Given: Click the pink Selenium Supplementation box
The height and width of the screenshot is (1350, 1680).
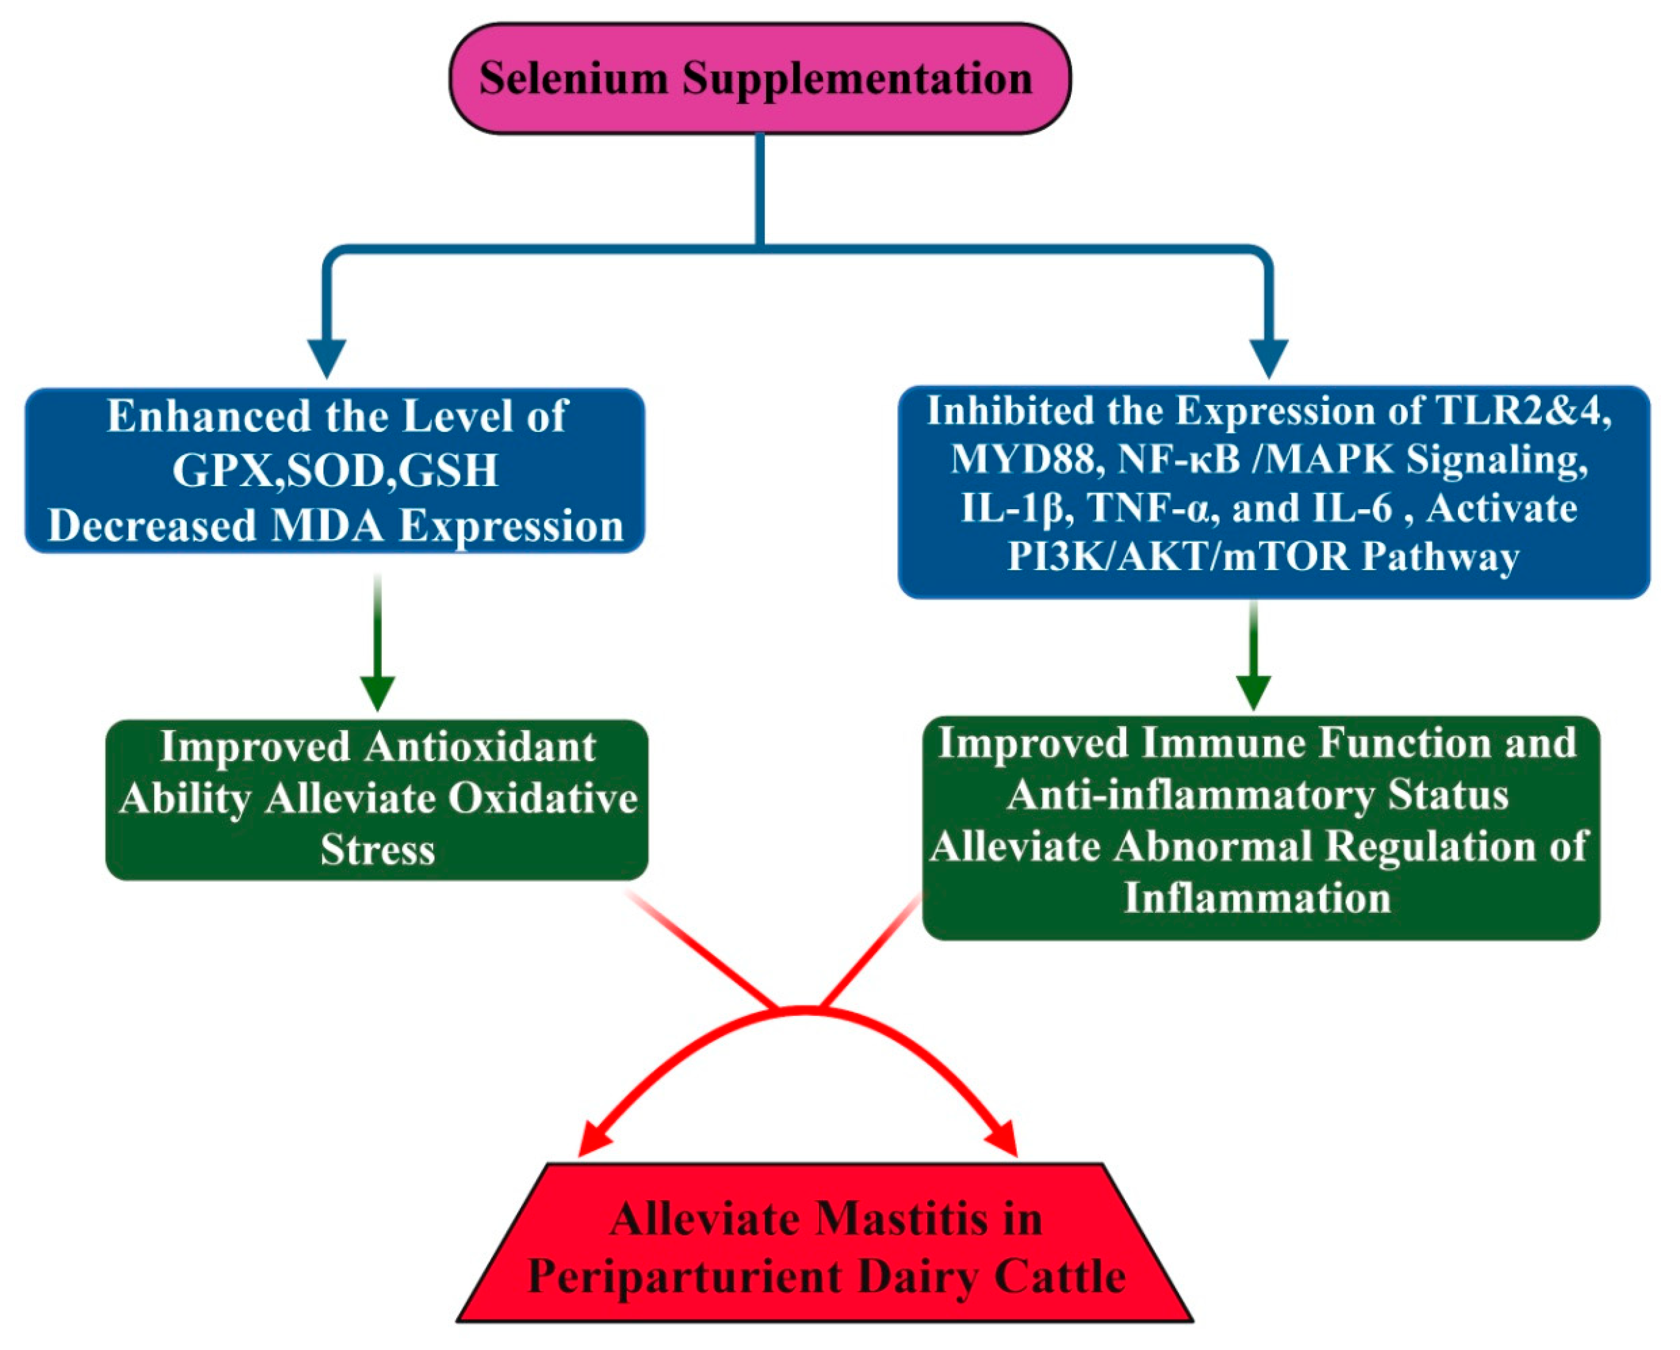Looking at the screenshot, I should [760, 78].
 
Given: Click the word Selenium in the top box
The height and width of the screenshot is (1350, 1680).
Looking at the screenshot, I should [573, 79].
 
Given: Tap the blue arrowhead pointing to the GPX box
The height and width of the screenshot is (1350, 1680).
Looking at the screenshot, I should [328, 358].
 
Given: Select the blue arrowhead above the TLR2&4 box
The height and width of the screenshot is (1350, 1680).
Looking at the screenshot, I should [1269, 358].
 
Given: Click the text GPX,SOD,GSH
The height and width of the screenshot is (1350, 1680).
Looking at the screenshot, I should [335, 470].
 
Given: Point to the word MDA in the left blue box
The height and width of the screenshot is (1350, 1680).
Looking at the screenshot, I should [328, 526].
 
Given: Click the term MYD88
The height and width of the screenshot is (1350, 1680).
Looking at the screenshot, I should [1023, 460].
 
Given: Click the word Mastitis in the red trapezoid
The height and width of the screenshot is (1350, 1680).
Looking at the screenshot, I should [902, 1219].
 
